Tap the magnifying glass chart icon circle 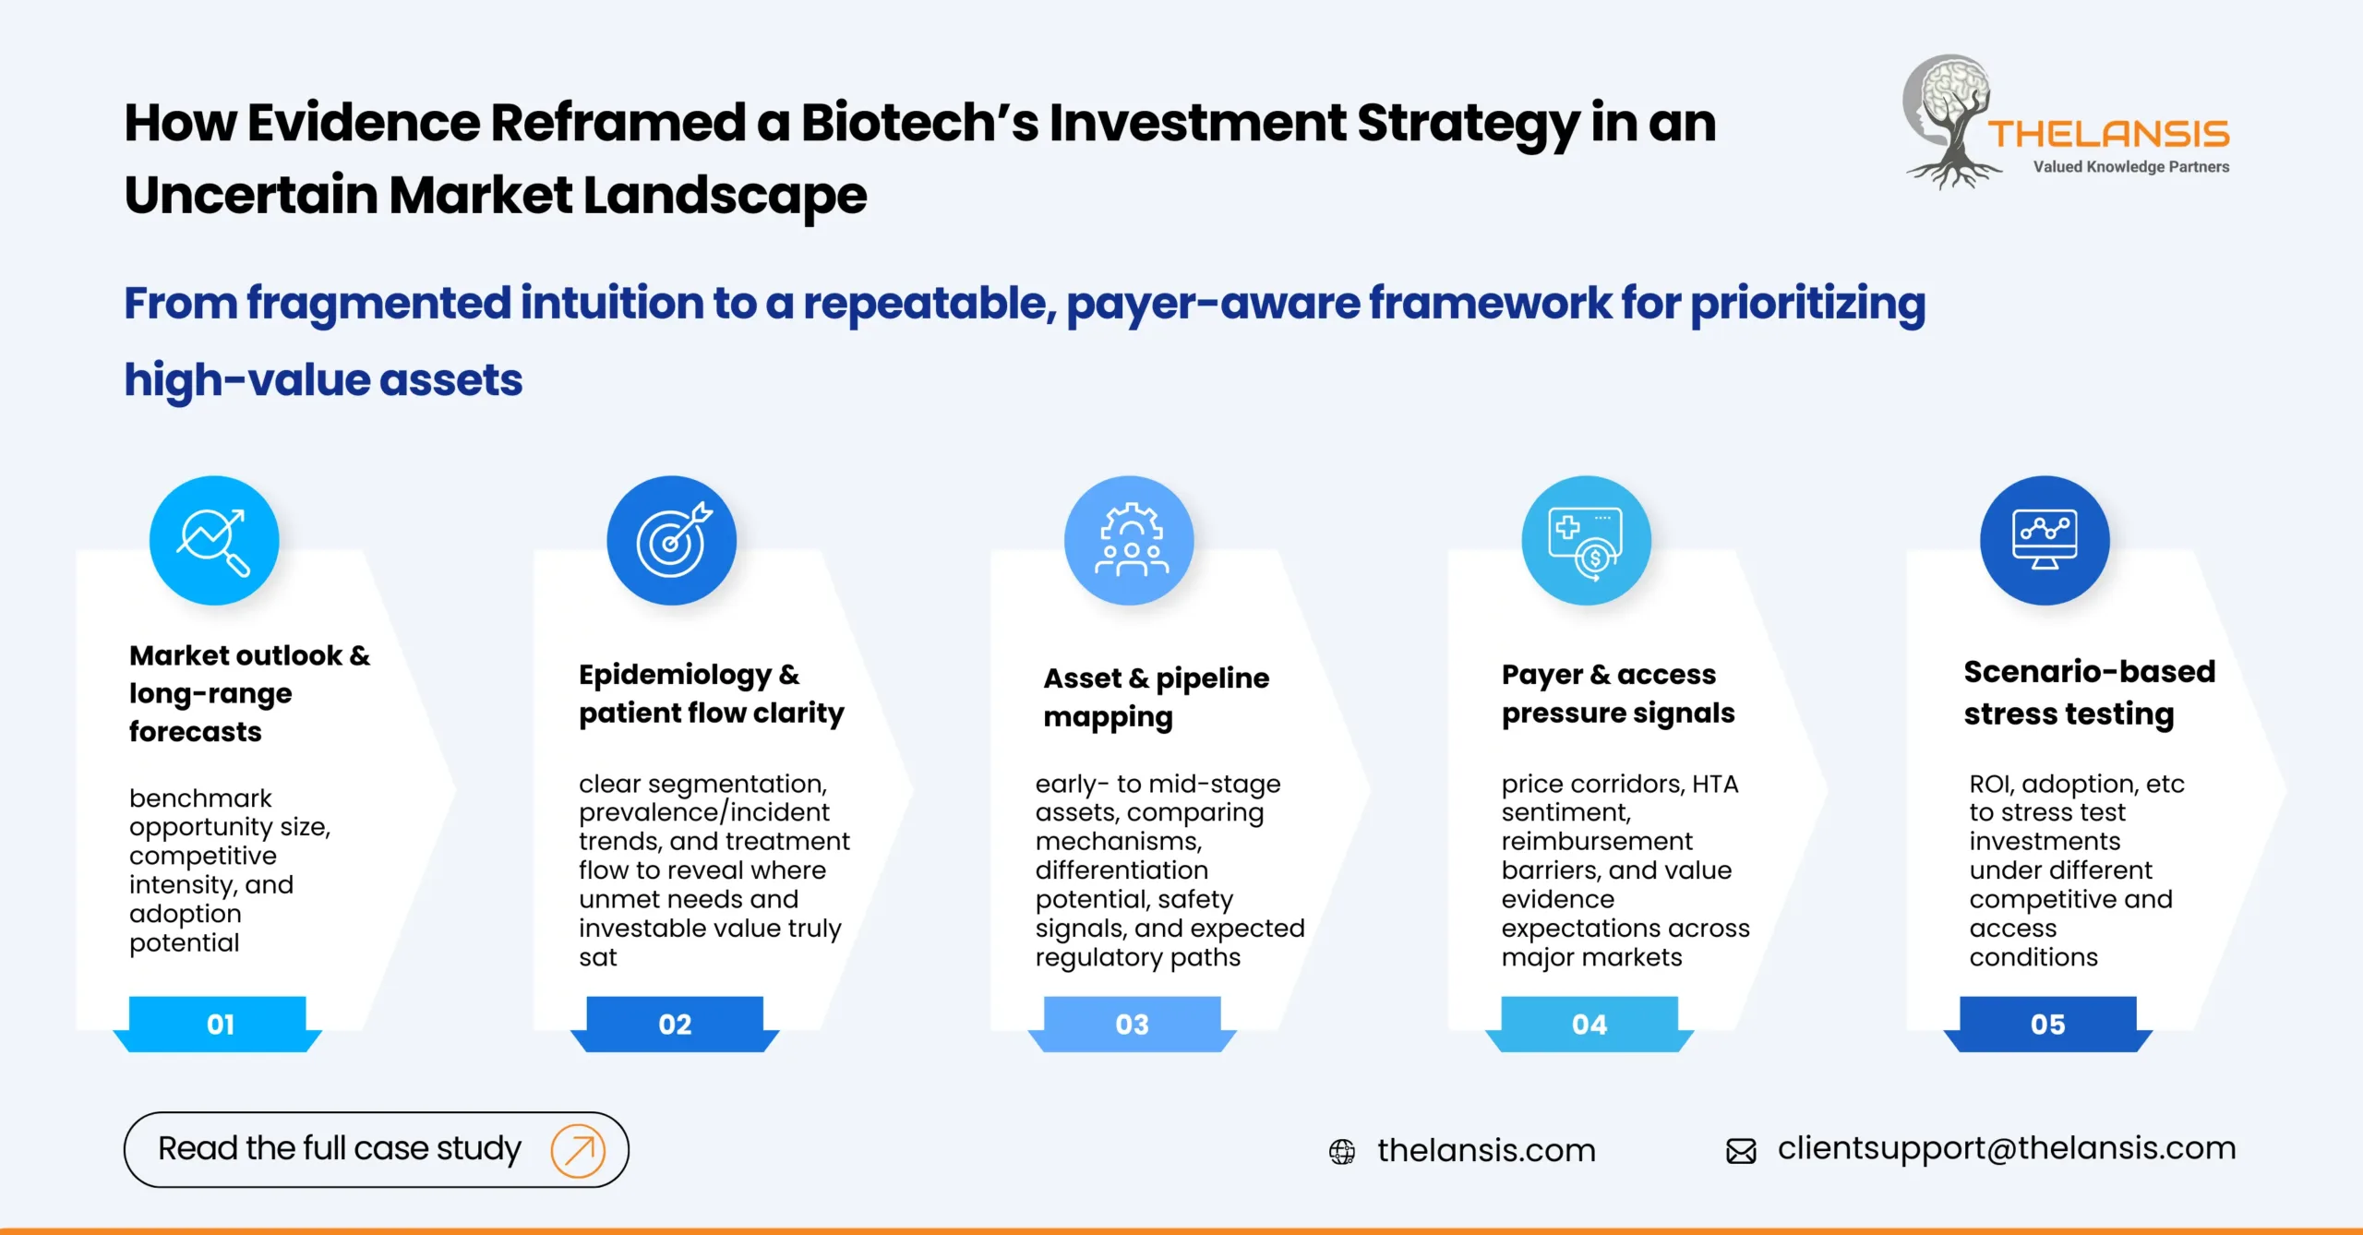[214, 541]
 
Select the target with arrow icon [671, 541]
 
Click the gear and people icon [1129, 541]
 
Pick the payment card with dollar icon [1586, 541]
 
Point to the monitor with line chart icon [2045, 541]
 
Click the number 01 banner [219, 1024]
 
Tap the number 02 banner [675, 1024]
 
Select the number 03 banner [1132, 1024]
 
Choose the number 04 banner [1589, 1024]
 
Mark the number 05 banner [2047, 1024]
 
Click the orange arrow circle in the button [578, 1150]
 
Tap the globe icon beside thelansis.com [1342, 1151]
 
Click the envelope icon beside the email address [1741, 1151]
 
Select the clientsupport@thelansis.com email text [2007, 1148]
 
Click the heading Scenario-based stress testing [2089, 692]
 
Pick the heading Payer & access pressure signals [1617, 693]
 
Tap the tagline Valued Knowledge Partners [2130, 167]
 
